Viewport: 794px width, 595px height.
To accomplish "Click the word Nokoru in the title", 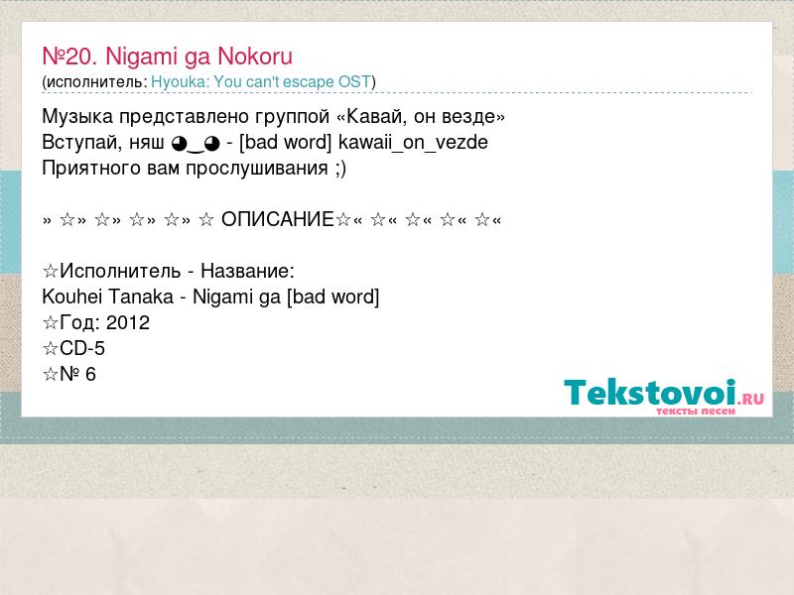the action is click(x=255, y=57).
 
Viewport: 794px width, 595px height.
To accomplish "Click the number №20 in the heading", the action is click(x=69, y=57).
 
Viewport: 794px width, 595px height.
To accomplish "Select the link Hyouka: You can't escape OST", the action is click(x=261, y=82).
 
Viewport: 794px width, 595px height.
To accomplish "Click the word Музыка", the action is click(x=77, y=117).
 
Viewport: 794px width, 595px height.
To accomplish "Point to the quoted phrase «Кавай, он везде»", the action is click(x=420, y=117).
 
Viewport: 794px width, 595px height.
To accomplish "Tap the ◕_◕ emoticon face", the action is click(x=196, y=144).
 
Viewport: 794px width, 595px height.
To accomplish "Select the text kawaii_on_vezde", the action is click(x=413, y=143).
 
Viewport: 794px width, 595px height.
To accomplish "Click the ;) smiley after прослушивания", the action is click(x=340, y=169).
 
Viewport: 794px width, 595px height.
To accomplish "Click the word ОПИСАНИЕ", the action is click(x=278, y=219).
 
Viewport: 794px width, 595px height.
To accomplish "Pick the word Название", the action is click(x=247, y=271).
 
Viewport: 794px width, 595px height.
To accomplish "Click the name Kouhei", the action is click(x=72, y=297).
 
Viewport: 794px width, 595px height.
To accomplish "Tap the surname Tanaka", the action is click(x=141, y=297).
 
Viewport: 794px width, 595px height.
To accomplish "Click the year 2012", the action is click(x=128, y=323).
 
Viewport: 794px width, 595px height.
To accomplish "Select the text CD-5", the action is click(x=82, y=349).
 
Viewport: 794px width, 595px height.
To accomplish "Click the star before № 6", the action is click(x=51, y=375).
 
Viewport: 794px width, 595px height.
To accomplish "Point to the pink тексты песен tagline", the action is click(x=696, y=412).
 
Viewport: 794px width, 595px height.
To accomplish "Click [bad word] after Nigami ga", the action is click(x=332, y=297).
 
